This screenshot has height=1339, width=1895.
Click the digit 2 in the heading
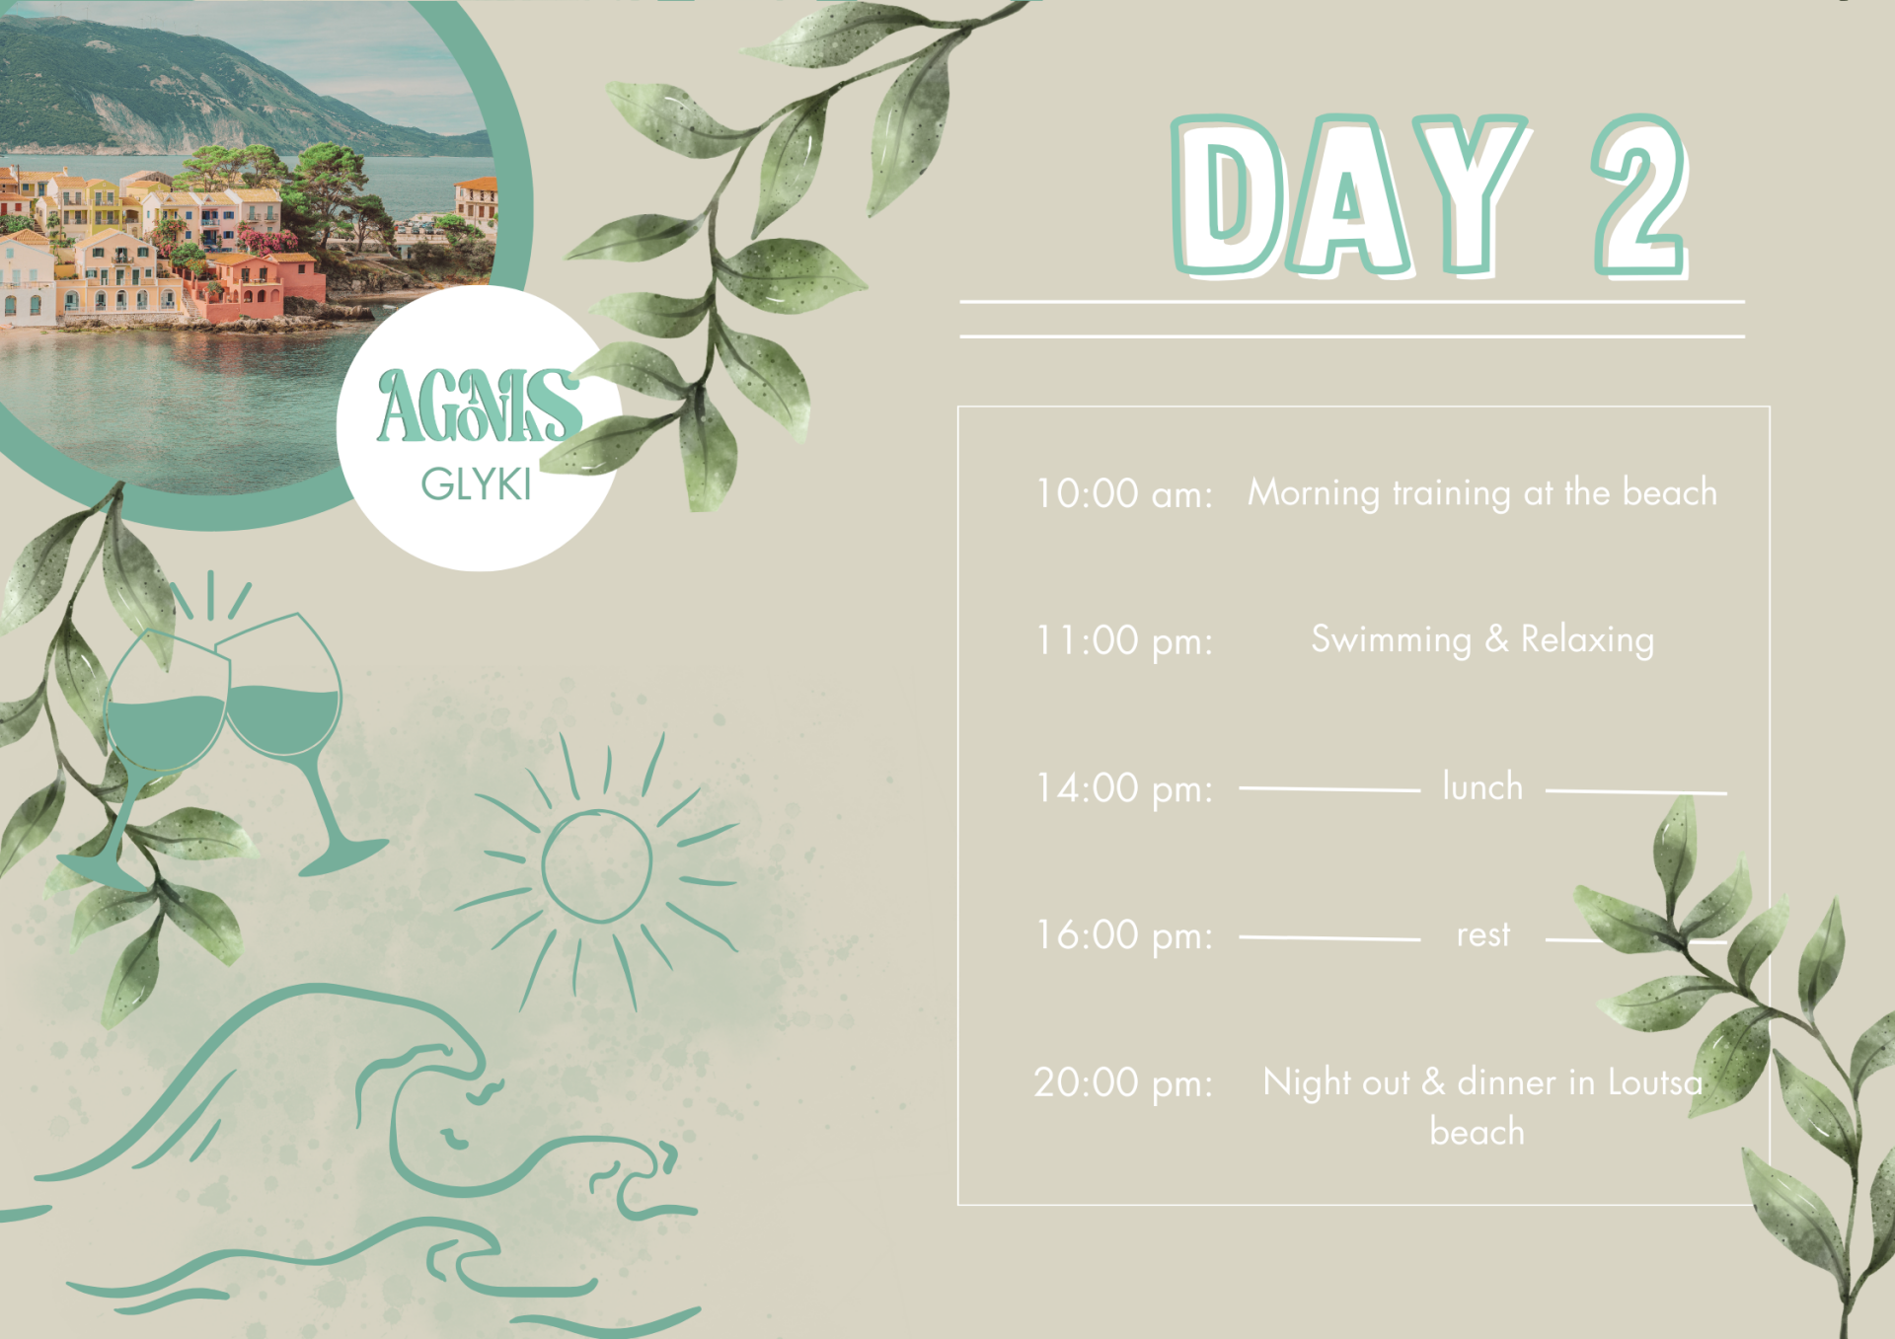click(1639, 195)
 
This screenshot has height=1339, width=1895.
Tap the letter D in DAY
click(1227, 195)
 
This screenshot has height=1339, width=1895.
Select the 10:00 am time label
click(1123, 493)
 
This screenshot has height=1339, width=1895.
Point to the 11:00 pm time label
click(1123, 640)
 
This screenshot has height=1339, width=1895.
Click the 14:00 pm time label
click(1123, 788)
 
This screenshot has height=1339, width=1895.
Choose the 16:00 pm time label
click(1123, 935)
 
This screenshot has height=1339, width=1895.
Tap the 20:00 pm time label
click(1123, 1083)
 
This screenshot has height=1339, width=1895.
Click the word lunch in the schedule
click(1482, 786)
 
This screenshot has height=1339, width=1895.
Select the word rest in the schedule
click(1483, 934)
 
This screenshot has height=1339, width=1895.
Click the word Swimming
click(1391, 639)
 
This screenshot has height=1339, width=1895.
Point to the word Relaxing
click(1587, 639)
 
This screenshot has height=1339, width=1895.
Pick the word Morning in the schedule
click(1314, 492)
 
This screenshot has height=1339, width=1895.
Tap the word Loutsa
click(1655, 1082)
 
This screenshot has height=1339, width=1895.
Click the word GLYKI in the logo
click(477, 484)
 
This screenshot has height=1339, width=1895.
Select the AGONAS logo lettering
click(479, 406)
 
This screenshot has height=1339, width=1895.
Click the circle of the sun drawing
click(597, 866)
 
